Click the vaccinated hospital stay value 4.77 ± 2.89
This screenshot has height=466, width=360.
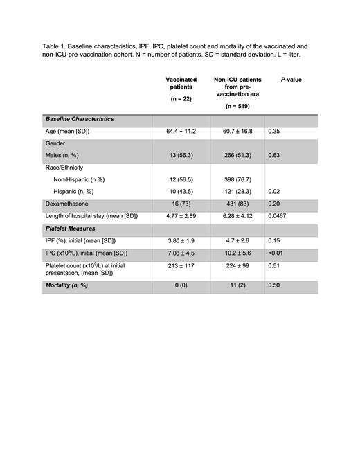tap(181, 216)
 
